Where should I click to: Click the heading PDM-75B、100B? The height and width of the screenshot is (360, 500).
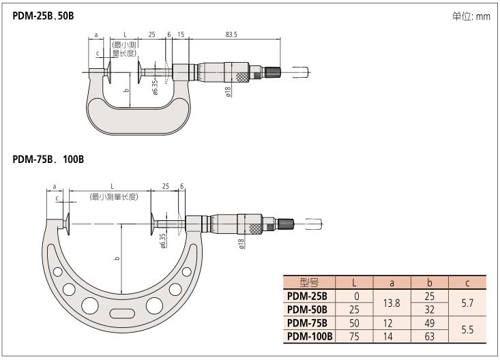pyautogui.click(x=49, y=159)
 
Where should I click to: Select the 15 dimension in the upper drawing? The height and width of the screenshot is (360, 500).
pyautogui.click(x=181, y=34)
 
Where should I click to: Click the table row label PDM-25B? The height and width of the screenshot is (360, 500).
pyautogui.click(x=308, y=296)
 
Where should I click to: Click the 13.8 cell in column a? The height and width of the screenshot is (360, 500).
pyautogui.click(x=392, y=302)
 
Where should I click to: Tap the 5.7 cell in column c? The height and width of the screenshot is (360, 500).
pyautogui.click(x=467, y=302)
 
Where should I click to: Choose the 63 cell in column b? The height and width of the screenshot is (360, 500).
pyautogui.click(x=430, y=335)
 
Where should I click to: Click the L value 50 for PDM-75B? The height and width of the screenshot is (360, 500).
pyautogui.click(x=355, y=322)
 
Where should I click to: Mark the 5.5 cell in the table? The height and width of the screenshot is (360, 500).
pyautogui.click(x=467, y=329)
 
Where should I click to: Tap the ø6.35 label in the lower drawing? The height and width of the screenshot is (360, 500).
pyautogui.click(x=163, y=241)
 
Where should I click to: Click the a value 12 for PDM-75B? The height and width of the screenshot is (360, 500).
pyautogui.click(x=392, y=322)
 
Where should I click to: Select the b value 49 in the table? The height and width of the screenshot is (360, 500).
pyautogui.click(x=430, y=322)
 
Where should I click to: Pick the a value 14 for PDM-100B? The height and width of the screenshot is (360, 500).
pyautogui.click(x=392, y=335)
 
